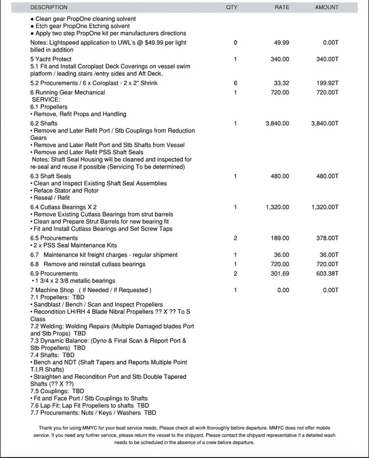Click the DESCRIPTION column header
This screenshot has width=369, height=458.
pyautogui.click(x=49, y=7)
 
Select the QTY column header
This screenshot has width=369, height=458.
pyautogui.click(x=232, y=7)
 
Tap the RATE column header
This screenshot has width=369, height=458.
pyautogui.click(x=282, y=7)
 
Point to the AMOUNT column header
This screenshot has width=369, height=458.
pyautogui.click(x=327, y=7)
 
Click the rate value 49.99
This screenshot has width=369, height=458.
pyautogui.click(x=281, y=43)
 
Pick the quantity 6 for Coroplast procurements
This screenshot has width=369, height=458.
pyautogui.click(x=235, y=83)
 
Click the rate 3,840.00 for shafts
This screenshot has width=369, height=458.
pyautogui.click(x=278, y=124)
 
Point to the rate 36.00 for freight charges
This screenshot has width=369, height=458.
pyautogui.click(x=281, y=255)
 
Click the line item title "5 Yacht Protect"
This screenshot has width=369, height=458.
pyautogui.click(x=51, y=60)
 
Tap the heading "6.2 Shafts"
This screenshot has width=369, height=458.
pyautogui.click(x=44, y=124)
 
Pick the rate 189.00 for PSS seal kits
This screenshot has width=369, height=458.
pyautogui.click(x=280, y=238)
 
